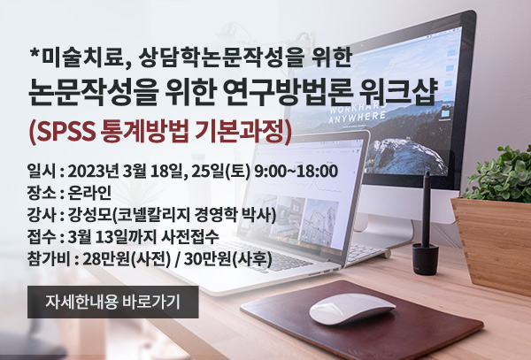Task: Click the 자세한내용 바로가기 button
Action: [112, 302]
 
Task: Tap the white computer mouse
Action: [352, 308]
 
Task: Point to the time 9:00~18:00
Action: [296, 172]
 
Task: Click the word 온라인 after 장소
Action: [89, 193]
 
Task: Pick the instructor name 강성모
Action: [89, 215]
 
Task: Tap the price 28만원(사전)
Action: [127, 260]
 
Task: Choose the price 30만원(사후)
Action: [228, 260]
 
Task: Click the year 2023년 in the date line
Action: [94, 172]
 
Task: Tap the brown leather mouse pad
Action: [362, 319]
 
